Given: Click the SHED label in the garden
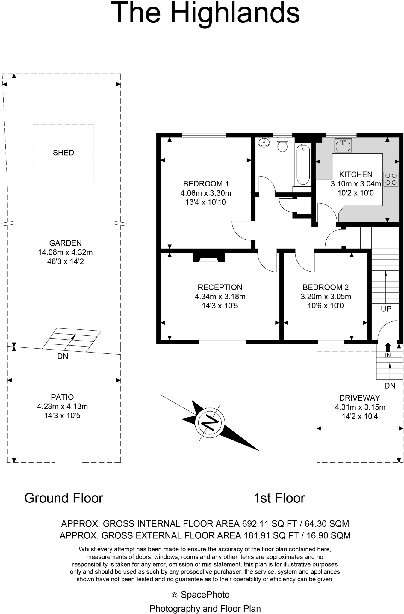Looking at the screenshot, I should tap(63, 153).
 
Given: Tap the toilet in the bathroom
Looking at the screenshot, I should tap(282, 145).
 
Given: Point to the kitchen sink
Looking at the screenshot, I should tap(343, 145).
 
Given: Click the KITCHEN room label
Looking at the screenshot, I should tap(355, 174).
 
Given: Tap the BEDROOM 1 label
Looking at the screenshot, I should tap(206, 183).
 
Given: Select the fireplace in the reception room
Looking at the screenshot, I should tap(208, 258).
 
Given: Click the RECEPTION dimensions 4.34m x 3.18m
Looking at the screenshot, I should tap(220, 297).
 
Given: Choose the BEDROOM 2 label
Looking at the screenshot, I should tap(326, 287).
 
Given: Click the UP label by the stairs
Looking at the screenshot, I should tap(386, 309).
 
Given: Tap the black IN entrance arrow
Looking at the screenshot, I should tap(388, 347).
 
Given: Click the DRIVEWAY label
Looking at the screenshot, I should tap(359, 398).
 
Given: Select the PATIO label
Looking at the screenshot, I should tap(62, 397).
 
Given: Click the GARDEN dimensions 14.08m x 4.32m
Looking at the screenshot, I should tap(65, 252).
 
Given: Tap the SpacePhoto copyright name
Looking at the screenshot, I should tap(205, 595).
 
